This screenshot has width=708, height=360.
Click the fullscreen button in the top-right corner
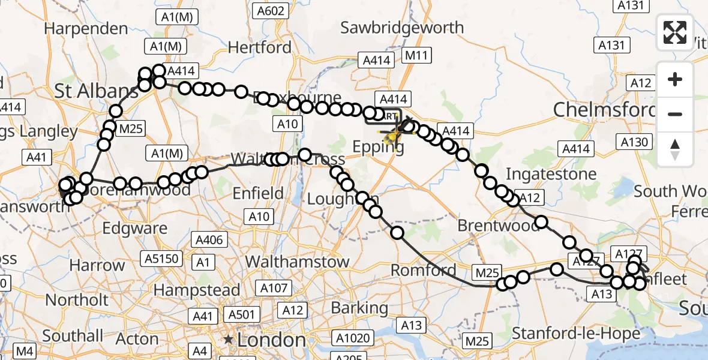[x=675, y=32]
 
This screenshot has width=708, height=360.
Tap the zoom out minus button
[x=675, y=113]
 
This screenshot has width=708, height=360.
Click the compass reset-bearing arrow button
[x=675, y=149]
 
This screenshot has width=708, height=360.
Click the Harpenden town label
[x=86, y=28]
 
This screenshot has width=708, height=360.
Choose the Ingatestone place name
[x=551, y=174]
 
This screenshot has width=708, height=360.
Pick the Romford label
[x=424, y=270]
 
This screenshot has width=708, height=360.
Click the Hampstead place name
[x=197, y=290]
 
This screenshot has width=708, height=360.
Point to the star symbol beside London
[x=228, y=340]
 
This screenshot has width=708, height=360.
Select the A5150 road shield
[x=160, y=259]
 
